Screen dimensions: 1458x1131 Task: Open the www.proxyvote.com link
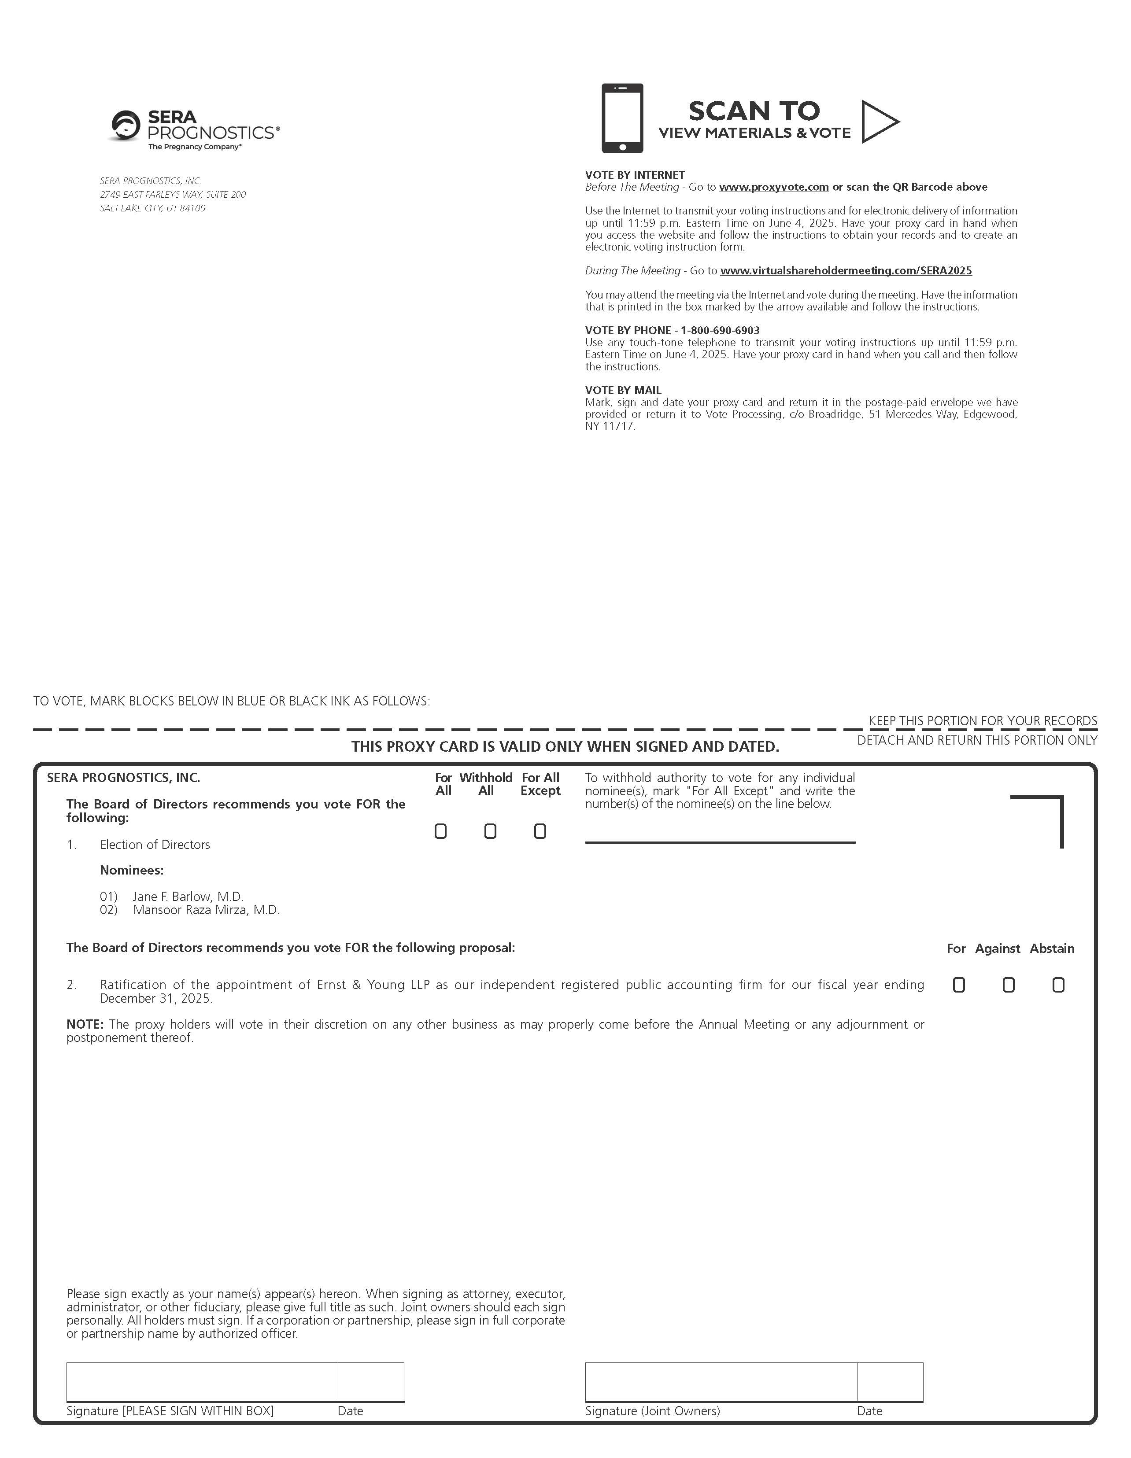773,187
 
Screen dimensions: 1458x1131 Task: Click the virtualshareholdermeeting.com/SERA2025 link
846,270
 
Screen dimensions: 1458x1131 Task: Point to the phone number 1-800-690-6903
720,330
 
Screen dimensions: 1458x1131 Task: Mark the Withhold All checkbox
490,831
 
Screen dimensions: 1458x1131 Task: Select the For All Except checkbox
540,831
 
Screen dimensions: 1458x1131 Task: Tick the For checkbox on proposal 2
959,985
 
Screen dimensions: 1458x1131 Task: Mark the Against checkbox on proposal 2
1008,985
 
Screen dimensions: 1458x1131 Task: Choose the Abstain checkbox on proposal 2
1058,985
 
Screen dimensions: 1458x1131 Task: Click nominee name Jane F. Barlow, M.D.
188,897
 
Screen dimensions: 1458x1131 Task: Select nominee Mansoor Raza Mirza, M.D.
206,910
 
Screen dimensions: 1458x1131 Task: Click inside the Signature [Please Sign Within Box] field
202,1381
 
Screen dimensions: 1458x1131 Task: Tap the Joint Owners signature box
721,1381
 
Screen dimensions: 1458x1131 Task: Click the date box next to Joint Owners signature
890,1381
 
